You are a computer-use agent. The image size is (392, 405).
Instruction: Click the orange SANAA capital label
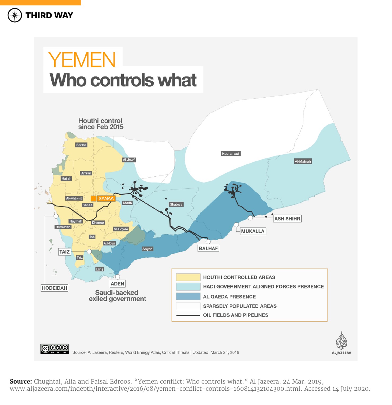tap(106, 198)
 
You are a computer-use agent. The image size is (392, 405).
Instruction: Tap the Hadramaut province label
tap(230, 154)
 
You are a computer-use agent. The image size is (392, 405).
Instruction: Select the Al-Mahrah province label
tap(303, 161)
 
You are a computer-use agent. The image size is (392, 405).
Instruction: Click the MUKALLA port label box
tap(253, 231)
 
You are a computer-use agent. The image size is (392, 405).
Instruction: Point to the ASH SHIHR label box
tap(287, 219)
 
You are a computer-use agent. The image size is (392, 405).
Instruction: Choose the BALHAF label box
tap(208, 248)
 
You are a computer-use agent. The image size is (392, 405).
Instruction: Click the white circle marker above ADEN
tap(118, 277)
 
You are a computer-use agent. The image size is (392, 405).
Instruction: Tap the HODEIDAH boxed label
tap(55, 288)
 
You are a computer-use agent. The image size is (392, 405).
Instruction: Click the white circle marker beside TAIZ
tap(89, 251)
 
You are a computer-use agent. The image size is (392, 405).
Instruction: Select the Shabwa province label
tap(176, 204)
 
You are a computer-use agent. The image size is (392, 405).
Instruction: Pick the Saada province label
tap(81, 145)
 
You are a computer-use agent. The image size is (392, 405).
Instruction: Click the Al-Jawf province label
tap(129, 160)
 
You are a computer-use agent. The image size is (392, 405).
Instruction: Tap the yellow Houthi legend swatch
tap(188, 277)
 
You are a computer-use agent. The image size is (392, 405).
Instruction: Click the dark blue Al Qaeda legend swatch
tap(188, 296)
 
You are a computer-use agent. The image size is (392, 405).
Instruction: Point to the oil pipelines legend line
tap(188, 315)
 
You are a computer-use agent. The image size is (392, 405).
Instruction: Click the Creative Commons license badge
tap(55, 349)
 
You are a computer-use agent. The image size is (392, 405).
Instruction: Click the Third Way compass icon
tap(15, 15)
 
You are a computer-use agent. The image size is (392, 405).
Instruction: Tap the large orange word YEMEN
tap(82, 60)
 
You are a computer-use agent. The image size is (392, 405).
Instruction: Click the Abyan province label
tap(147, 249)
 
